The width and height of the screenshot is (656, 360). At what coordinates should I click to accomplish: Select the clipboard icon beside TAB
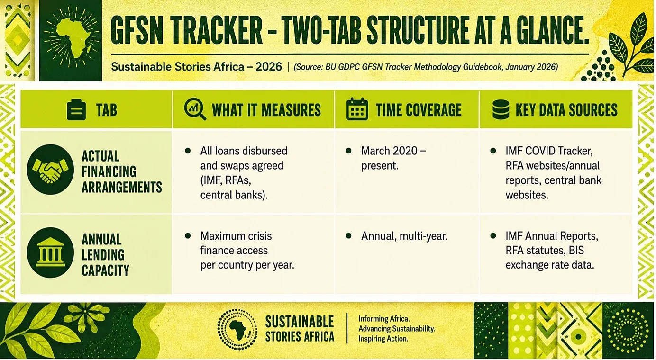(x=76, y=110)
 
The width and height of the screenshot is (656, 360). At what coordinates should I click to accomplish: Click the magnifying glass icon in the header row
(x=195, y=109)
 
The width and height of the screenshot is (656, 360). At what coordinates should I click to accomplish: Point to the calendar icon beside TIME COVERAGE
(x=357, y=109)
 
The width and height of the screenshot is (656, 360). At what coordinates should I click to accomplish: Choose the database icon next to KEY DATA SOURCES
(x=501, y=109)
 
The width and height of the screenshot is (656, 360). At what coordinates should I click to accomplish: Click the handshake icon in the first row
(x=50, y=170)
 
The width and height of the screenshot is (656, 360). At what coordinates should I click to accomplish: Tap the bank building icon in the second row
(x=50, y=252)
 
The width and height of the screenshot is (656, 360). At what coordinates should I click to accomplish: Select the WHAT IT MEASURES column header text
(x=266, y=110)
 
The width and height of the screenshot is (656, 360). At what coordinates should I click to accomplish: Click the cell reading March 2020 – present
(x=393, y=158)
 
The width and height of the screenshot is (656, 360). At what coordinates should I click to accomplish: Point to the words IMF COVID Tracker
(x=549, y=151)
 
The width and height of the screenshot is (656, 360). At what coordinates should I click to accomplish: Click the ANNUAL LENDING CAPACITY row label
(x=105, y=255)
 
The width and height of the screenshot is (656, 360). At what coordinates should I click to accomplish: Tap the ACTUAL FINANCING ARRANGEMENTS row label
(x=122, y=171)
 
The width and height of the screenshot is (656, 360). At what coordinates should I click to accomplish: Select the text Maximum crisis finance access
(x=236, y=243)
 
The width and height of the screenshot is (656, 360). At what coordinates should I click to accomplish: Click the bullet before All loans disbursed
(x=188, y=151)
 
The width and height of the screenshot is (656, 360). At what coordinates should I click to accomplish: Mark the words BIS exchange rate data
(x=550, y=258)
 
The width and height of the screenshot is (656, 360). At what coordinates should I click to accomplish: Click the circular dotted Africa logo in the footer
(x=237, y=329)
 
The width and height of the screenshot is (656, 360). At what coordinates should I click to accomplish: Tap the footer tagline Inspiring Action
(x=383, y=339)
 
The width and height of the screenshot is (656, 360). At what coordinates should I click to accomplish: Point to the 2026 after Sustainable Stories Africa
(x=269, y=67)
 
